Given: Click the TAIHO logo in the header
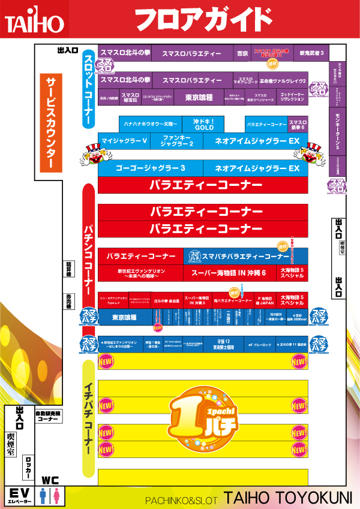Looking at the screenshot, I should click(x=34, y=23).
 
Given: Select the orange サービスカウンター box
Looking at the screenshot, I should click(x=51, y=124).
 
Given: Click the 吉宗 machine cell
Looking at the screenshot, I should click(x=242, y=53).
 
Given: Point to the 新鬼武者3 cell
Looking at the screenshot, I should click(x=311, y=53).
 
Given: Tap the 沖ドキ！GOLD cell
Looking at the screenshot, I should click(x=203, y=124).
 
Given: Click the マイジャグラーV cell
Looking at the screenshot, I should click(x=124, y=141).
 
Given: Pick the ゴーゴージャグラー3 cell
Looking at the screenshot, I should click(x=150, y=168).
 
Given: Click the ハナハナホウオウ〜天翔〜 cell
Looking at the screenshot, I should click(x=151, y=124).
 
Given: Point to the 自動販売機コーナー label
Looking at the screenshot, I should click(x=47, y=417).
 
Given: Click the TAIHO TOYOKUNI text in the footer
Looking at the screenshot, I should click(x=288, y=497).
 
